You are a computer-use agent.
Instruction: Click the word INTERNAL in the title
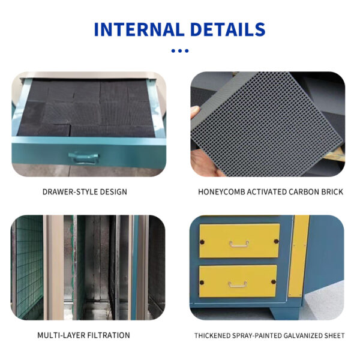click(x=139, y=29)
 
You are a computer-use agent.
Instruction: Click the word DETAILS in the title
click(x=228, y=29)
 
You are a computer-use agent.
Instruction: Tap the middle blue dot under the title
click(x=180, y=51)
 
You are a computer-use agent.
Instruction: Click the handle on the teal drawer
click(x=83, y=158)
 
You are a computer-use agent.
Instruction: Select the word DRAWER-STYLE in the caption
click(x=59, y=192)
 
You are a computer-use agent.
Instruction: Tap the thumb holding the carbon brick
click(x=194, y=112)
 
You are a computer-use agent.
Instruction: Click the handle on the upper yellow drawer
click(x=239, y=244)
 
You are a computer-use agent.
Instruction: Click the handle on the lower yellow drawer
click(x=238, y=284)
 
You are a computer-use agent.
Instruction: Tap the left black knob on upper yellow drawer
click(x=202, y=242)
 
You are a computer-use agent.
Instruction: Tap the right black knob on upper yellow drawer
click(x=276, y=241)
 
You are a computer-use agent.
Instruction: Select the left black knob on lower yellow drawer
click(x=202, y=283)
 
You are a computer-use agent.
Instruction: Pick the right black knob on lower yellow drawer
click(x=274, y=282)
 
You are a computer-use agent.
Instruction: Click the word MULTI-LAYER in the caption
click(x=60, y=335)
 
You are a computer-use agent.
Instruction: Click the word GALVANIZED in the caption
click(x=302, y=335)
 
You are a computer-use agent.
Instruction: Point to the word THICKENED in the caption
click(x=212, y=335)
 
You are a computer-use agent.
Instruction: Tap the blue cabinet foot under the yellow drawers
click(x=284, y=312)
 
